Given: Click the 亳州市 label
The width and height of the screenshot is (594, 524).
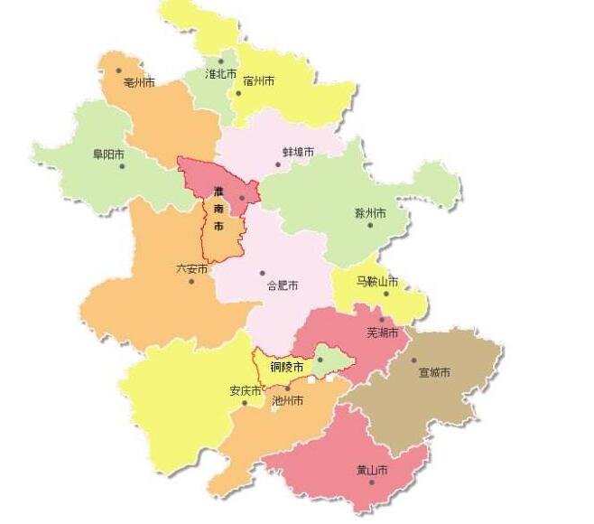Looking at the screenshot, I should click(138, 82).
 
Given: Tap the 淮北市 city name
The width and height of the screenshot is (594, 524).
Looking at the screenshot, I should click(220, 74).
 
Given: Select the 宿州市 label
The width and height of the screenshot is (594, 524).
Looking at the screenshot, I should click(259, 80).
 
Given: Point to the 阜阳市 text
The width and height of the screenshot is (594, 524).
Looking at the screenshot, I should click(108, 154).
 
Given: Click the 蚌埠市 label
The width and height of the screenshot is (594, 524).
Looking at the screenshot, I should click(298, 152).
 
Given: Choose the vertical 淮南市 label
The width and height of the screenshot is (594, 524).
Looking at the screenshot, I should click(218, 209).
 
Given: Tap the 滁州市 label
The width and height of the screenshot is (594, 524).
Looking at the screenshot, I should click(370, 213).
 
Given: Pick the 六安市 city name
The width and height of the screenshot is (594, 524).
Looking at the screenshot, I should click(191, 269).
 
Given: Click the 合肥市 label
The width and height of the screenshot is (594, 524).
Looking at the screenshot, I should click(283, 285).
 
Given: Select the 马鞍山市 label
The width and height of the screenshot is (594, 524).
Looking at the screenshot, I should click(376, 282).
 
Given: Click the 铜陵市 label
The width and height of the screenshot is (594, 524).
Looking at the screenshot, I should click(287, 366).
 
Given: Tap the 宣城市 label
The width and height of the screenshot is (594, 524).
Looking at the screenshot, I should click(434, 372).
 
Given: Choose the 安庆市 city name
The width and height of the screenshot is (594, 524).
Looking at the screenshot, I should click(245, 391).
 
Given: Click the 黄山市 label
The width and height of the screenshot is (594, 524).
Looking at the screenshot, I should click(372, 471).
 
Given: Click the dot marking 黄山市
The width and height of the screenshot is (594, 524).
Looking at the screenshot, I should click(372, 482).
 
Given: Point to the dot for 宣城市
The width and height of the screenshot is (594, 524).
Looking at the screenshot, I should click(414, 360).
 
